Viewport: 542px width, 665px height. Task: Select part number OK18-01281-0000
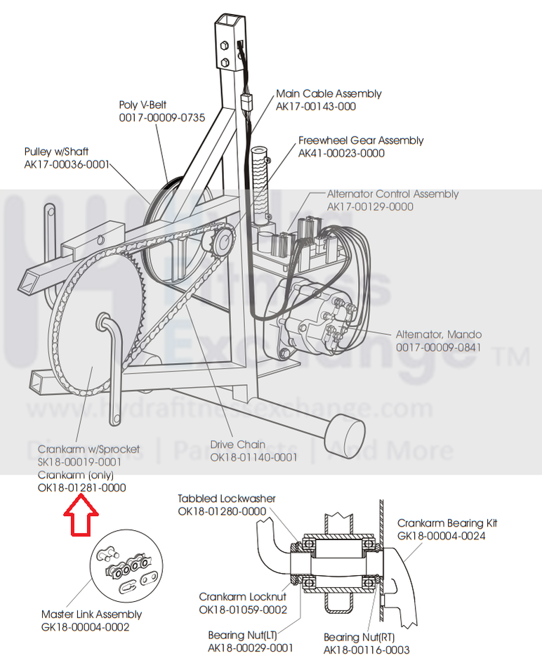(x=82, y=487)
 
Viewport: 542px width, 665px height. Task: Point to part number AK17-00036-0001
(x=67, y=164)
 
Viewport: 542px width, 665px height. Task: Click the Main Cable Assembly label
(x=329, y=93)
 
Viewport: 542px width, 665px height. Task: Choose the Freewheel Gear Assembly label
(x=361, y=140)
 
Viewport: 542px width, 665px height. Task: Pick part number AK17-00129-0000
(x=370, y=206)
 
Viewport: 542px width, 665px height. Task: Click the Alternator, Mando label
(x=438, y=334)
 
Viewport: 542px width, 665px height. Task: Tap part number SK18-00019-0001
(x=79, y=462)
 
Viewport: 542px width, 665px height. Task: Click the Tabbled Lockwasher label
(x=226, y=499)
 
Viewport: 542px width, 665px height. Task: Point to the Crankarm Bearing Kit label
(x=451, y=523)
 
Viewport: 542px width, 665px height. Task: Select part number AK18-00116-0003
(x=366, y=650)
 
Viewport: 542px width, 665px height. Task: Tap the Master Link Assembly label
(x=91, y=614)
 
